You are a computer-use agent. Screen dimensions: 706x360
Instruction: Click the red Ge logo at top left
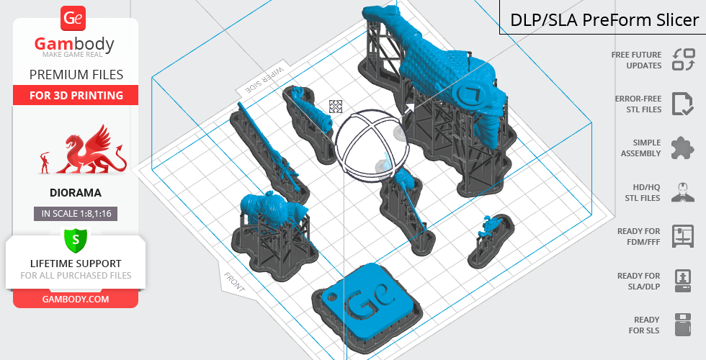73,18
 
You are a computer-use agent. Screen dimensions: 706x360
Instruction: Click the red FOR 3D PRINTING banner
76,95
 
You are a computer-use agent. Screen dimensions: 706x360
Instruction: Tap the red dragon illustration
92,150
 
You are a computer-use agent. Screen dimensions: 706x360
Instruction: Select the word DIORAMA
76,193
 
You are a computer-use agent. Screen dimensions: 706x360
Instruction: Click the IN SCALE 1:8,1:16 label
76,214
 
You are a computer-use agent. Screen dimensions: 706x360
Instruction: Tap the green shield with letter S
76,240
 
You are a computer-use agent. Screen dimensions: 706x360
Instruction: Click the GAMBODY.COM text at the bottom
76,300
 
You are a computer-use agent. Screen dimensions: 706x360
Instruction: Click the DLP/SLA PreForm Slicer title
604,20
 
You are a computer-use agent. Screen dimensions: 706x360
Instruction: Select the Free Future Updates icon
684,60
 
